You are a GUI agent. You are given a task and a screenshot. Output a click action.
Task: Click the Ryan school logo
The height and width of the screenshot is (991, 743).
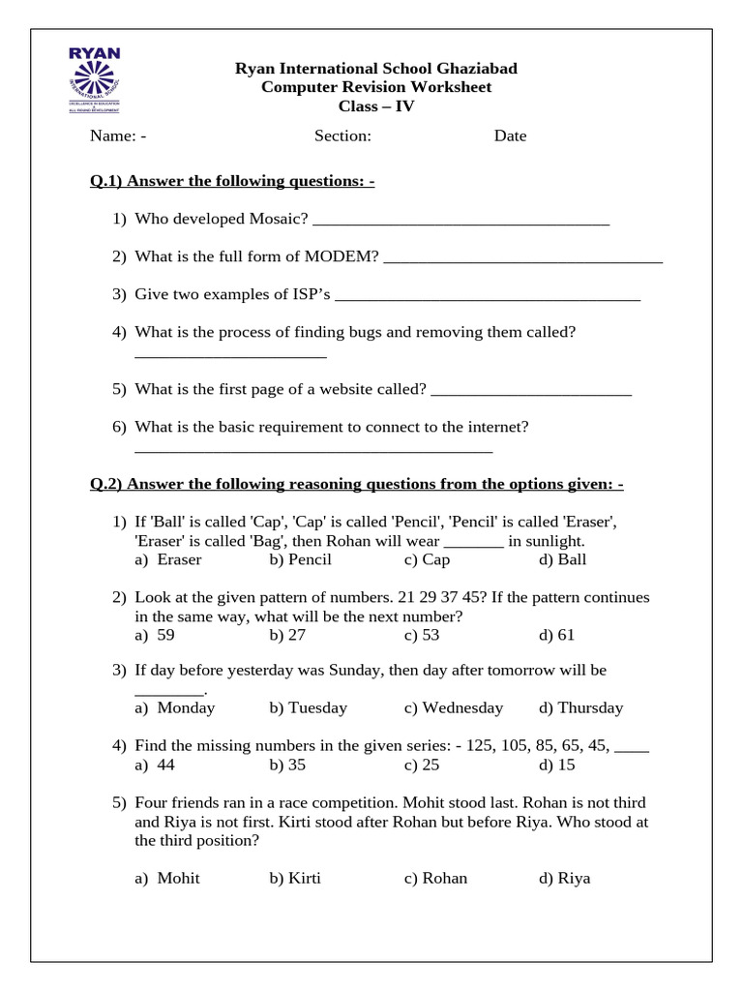[94, 79]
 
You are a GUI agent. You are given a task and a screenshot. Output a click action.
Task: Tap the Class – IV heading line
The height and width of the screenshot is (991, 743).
[375, 106]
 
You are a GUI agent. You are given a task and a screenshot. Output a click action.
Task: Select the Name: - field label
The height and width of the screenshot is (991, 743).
[118, 135]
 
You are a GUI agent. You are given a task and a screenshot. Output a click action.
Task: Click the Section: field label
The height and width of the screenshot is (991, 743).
[342, 135]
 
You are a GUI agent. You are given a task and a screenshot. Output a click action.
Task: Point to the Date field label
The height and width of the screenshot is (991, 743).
[510, 135]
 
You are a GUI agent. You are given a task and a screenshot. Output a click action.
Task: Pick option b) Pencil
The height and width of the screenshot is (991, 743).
[301, 559]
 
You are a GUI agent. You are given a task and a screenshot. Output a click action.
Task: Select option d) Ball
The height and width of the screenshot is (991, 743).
[563, 559]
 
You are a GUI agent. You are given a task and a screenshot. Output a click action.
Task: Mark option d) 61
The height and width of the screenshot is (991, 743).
[557, 635]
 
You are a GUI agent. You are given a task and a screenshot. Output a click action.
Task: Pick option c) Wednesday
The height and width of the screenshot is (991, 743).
[454, 707]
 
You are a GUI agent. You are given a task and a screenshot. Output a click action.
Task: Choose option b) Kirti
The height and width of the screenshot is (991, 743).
[295, 879]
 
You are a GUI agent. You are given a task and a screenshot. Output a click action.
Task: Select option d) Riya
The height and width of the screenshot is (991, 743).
[565, 879]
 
